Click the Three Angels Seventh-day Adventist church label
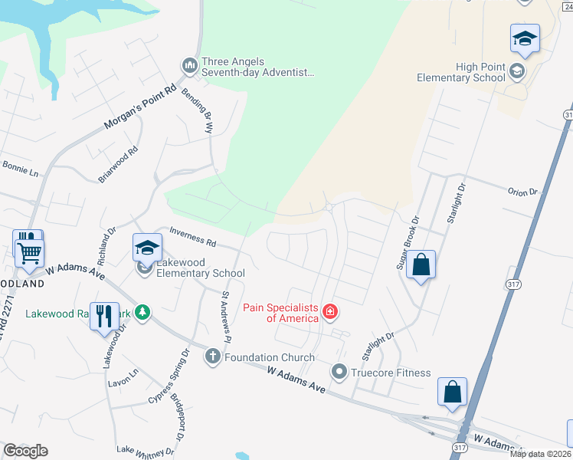point(257,67)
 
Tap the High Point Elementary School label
point(460,72)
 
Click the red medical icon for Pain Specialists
point(330,311)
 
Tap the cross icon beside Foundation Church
point(212,356)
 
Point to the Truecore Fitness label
point(391,373)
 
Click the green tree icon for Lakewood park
point(142,312)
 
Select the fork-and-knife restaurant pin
point(103,315)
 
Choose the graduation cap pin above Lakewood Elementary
point(148,248)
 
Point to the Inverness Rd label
point(192,235)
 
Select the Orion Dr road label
point(523,191)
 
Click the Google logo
point(25,450)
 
